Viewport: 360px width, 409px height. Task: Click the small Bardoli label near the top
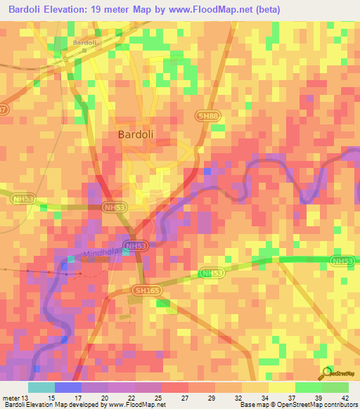coord(84,42)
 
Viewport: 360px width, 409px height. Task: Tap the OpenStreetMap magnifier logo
coord(326,372)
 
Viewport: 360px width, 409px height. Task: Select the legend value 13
coord(27,397)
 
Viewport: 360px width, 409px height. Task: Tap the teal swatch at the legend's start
coord(41,387)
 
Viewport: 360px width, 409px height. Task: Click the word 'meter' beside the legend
coord(11,397)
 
